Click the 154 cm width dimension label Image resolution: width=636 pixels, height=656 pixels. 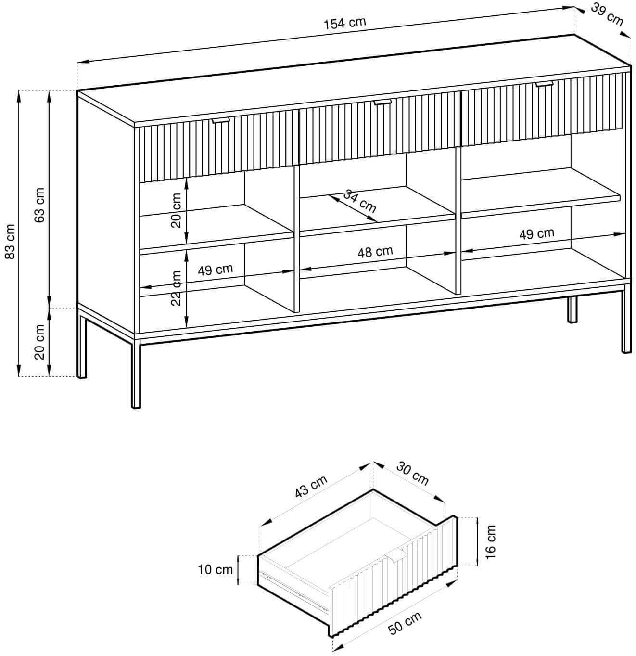tap(345, 23)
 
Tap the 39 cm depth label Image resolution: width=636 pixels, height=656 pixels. tap(607, 15)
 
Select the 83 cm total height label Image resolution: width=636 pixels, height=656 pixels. tap(11, 241)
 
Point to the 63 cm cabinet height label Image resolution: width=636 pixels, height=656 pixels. tap(39, 206)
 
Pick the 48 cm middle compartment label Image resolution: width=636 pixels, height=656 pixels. tap(375, 252)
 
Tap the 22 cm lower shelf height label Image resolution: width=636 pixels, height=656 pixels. tap(176, 288)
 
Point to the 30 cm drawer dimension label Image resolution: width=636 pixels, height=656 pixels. tap(412, 474)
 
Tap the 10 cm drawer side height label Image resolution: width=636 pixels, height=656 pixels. tap(215, 569)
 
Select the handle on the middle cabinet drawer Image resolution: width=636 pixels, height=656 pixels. tap(382, 102)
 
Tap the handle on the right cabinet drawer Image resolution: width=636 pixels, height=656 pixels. tap(544, 84)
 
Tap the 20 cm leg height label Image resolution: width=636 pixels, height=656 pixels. tap(39, 342)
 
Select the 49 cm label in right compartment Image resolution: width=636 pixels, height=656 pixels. tap(536, 234)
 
